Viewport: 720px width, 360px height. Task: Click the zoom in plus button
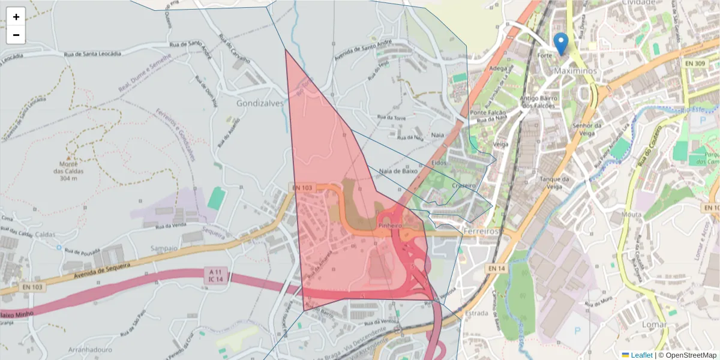click(x=16, y=17)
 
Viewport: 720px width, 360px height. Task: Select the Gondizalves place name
click(x=259, y=103)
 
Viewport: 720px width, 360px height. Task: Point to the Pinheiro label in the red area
click(x=389, y=225)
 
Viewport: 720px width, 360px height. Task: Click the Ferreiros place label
click(x=482, y=230)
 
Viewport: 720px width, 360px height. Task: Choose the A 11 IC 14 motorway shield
click(x=216, y=275)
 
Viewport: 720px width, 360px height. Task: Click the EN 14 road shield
click(x=496, y=268)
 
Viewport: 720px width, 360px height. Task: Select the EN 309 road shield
click(x=695, y=63)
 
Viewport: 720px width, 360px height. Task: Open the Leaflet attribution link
click(x=641, y=355)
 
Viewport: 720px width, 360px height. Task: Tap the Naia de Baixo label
click(x=398, y=171)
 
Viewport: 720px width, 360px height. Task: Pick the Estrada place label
click(x=476, y=313)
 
